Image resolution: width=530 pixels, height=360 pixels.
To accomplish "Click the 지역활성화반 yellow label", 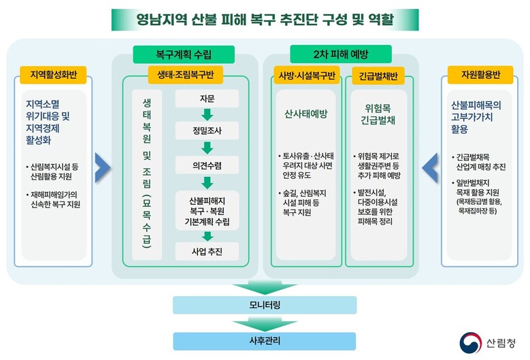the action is coord(53,75).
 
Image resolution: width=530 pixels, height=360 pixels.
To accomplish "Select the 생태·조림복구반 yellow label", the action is coord(186,75).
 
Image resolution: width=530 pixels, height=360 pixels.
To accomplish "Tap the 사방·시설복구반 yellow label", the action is coord(307,76).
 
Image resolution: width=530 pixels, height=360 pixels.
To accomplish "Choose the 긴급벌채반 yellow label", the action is coord(378,76).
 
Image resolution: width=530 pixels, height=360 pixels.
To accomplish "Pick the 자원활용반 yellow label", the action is coord(480,75).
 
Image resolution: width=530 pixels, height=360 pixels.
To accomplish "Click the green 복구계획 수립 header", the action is coord(184,54).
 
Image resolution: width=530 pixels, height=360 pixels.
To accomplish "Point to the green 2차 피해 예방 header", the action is coord(341,54).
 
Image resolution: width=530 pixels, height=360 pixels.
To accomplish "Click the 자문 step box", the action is coord(207,99).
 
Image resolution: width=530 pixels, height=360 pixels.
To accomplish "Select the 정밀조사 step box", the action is coord(207,131).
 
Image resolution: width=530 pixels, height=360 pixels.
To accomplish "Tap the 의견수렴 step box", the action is coord(207,165).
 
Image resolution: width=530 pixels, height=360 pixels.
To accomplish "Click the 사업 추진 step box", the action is coord(207,252).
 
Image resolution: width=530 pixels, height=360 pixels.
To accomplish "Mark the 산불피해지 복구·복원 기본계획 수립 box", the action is coord(207,211).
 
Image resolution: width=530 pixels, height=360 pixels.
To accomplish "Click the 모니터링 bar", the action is coord(265,306).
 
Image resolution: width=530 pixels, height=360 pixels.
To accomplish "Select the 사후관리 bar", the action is coord(265,341).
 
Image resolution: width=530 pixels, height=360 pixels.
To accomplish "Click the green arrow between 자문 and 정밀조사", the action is coord(208,114).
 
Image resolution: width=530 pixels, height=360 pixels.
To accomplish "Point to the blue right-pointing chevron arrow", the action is coord(103,167).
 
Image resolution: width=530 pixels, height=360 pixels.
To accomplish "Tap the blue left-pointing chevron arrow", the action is coord(430,167).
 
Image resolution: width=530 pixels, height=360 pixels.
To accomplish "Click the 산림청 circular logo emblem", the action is coord(471,343).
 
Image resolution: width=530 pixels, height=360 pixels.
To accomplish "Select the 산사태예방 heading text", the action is coord(306,114).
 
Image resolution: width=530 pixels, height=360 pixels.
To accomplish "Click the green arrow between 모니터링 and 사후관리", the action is coord(265,324).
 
